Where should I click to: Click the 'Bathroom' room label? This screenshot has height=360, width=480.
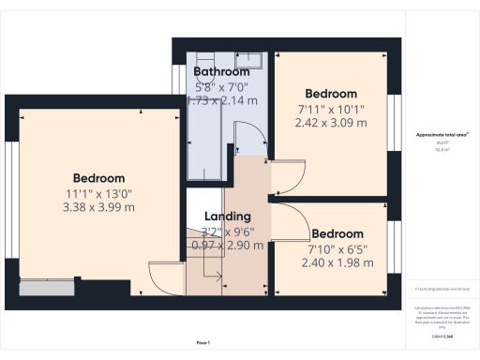[x=221, y=71]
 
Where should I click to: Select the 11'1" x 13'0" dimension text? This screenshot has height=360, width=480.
[x=99, y=194]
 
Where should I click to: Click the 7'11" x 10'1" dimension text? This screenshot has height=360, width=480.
[x=332, y=109]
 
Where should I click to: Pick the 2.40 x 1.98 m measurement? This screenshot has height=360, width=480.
[x=337, y=263]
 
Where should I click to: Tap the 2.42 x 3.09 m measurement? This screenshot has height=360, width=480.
[x=332, y=123]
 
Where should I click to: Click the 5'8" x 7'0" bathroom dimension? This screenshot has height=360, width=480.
[x=221, y=86]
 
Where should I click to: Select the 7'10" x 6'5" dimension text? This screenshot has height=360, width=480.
[x=337, y=249]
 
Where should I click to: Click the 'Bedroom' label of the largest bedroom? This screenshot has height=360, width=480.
[x=99, y=178]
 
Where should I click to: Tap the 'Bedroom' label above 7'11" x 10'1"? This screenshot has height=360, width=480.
[x=332, y=94]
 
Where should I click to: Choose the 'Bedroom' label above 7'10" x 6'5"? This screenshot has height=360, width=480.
[x=337, y=233]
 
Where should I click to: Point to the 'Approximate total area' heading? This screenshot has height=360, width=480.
[x=442, y=135]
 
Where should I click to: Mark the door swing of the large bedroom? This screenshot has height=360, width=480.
[x=163, y=277]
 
